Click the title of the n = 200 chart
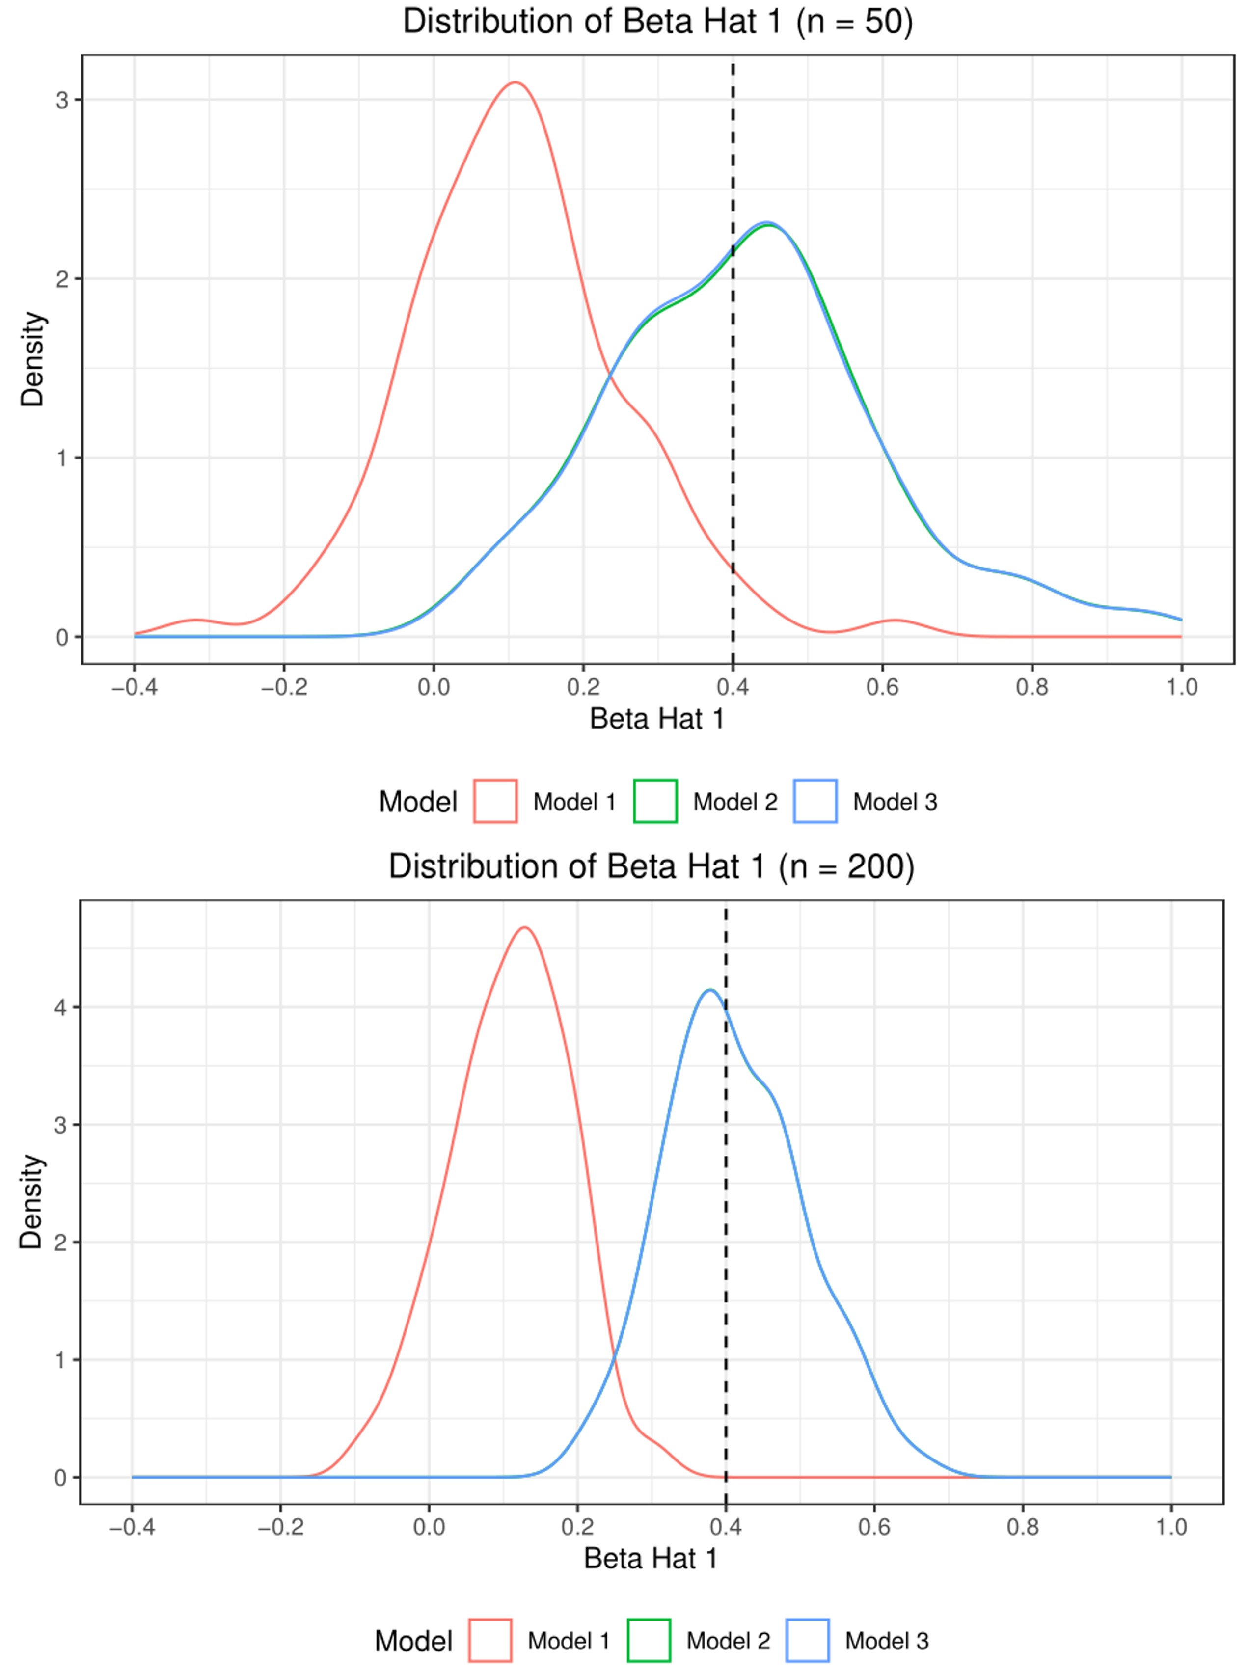coord(651,866)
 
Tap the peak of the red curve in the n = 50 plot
coord(516,82)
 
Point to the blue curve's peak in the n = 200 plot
coord(709,990)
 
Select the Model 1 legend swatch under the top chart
coord(495,801)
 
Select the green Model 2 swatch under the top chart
coord(655,801)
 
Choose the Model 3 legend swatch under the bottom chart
coord(808,1641)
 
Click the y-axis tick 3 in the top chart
coord(62,101)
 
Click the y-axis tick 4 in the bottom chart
coord(60,1007)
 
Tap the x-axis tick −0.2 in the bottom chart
coord(280,1528)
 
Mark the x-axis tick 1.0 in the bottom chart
coord(1171,1528)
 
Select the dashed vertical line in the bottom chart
coord(726,1285)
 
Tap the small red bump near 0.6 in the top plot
coord(895,621)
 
